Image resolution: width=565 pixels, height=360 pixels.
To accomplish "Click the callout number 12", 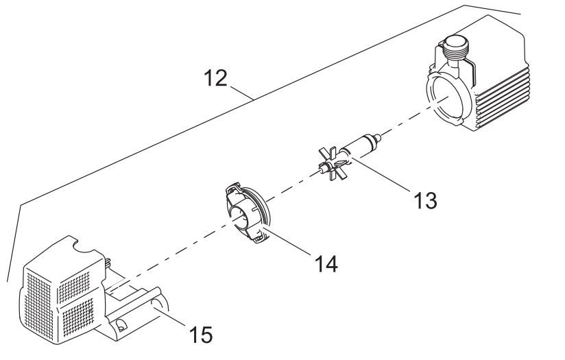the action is pyautogui.click(x=215, y=78).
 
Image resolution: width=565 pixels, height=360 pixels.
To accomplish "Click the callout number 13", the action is pyautogui.click(x=425, y=200).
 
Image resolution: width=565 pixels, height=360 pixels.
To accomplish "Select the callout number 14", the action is pyautogui.click(x=326, y=263).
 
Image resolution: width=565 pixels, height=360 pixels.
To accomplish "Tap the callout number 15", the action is pyautogui.click(x=201, y=335).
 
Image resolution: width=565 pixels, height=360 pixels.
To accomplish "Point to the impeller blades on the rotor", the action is pyautogui.click(x=333, y=165).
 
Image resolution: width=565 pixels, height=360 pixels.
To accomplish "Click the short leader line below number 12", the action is pyautogui.click(x=241, y=93).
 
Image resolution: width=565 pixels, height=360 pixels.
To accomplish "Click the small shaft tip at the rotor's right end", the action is pyautogui.click(x=378, y=137).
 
